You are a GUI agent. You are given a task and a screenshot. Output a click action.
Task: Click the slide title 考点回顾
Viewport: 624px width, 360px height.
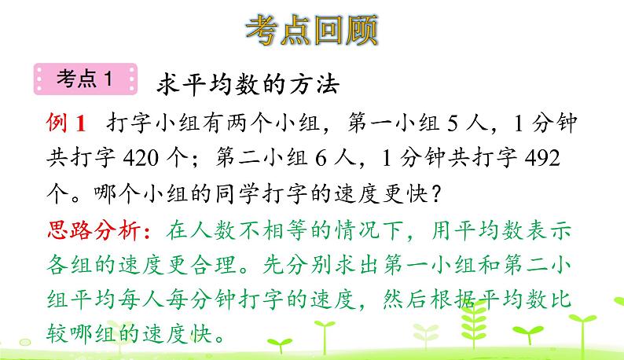point(312,30)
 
